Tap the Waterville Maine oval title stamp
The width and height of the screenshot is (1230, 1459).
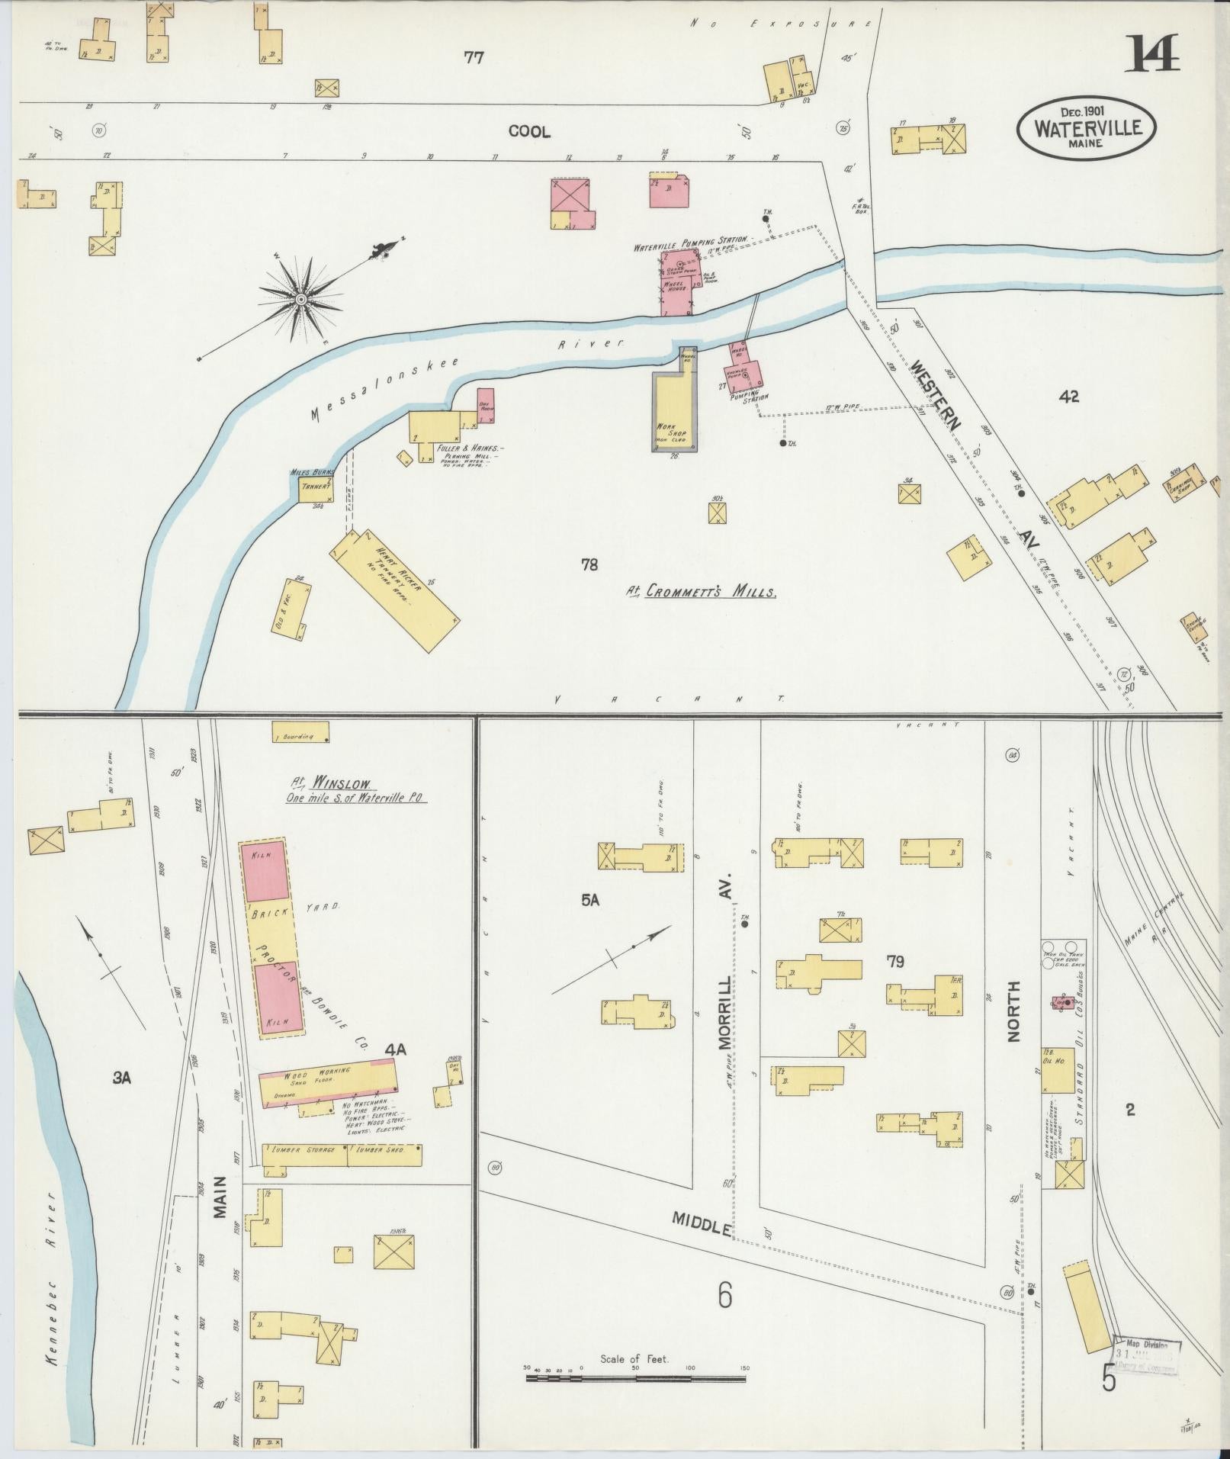(x=1087, y=127)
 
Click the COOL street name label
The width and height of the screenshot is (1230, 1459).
(x=529, y=131)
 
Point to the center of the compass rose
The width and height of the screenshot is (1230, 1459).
(x=301, y=300)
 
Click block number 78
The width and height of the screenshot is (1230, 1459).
(x=589, y=564)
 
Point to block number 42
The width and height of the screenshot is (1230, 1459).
(x=1069, y=397)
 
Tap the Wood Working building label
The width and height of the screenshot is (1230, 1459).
(x=318, y=1075)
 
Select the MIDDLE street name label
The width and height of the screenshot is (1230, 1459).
(x=702, y=1220)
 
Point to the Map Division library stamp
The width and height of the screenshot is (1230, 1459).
(x=1147, y=1355)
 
